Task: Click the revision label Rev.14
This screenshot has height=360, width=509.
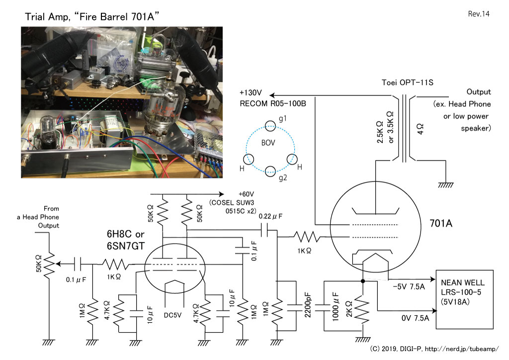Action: click(479, 13)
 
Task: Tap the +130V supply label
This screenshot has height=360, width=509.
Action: click(251, 93)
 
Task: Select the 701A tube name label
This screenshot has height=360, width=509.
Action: click(441, 223)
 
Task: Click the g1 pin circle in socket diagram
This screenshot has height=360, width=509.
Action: click(270, 126)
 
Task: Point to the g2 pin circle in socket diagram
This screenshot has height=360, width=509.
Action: click(270, 171)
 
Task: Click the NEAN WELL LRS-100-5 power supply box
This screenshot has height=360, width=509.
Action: click(465, 299)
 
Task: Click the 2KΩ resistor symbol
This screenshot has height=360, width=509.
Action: click(362, 310)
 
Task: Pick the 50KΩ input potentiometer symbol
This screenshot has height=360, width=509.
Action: click(49, 264)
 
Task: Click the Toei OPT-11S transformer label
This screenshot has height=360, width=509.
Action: click(407, 83)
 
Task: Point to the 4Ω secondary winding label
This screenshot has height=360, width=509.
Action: click(421, 129)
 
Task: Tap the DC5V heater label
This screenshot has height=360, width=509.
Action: click(172, 315)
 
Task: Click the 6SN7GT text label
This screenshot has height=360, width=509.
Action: click(125, 246)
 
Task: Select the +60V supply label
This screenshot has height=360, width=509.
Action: click(246, 194)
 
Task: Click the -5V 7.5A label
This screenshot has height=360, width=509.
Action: click(409, 286)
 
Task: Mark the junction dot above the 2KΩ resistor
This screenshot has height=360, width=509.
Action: click(362, 281)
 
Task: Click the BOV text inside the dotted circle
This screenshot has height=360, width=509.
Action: click(268, 143)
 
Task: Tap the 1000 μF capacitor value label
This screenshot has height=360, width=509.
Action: click(336, 306)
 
